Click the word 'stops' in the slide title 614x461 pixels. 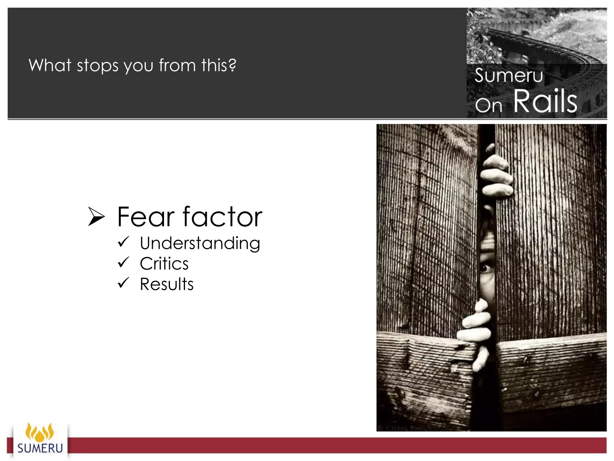tap(98, 65)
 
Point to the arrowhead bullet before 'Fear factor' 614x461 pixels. tap(96, 217)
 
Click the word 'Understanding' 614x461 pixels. tap(200, 243)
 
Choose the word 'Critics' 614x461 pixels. tap(164, 264)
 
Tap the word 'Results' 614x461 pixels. tap(167, 284)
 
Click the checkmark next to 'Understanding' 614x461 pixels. tap(123, 242)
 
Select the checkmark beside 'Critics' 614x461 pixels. tap(123, 262)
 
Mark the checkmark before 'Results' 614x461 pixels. tap(123, 282)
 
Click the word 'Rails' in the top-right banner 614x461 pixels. tap(545, 101)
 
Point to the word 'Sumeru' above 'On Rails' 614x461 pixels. tap(509, 75)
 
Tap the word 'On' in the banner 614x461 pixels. tap(488, 105)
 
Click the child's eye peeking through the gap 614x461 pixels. tap(487, 267)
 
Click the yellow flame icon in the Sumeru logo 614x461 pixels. tap(40, 431)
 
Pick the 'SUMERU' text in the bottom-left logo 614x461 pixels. tap(40, 448)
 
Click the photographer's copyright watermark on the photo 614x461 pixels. tap(405, 428)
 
